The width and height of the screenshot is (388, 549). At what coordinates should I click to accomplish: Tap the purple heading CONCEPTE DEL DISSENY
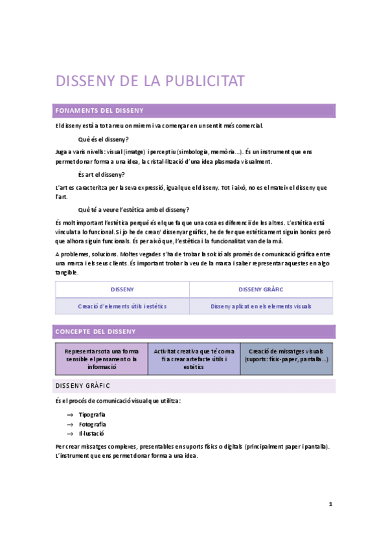click(x=96, y=331)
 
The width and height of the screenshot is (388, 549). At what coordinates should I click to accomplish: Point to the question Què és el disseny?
click(x=103, y=139)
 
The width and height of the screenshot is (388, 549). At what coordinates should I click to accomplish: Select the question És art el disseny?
click(x=101, y=175)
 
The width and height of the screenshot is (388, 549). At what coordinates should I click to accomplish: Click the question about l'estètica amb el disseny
click(x=133, y=210)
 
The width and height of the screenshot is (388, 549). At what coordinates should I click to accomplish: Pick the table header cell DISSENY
click(x=122, y=289)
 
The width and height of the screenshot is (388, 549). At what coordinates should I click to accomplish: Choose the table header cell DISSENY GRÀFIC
click(x=261, y=289)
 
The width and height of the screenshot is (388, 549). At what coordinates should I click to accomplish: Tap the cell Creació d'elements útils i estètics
click(x=122, y=306)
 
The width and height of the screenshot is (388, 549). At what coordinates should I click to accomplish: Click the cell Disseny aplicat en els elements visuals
click(x=261, y=306)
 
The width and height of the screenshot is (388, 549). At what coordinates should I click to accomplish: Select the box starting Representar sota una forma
click(x=102, y=359)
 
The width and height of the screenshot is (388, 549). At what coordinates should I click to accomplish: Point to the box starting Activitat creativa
click(x=194, y=359)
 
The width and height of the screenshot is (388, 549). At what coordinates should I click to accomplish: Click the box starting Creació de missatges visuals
click(x=286, y=355)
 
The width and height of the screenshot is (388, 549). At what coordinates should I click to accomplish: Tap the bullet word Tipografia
click(x=92, y=414)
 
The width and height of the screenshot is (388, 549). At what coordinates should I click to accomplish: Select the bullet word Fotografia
click(x=92, y=424)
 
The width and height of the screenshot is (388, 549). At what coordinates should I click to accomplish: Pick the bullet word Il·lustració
click(x=91, y=433)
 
